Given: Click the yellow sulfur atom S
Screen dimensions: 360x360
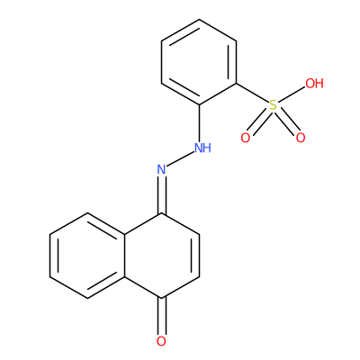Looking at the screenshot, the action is tap(273, 105).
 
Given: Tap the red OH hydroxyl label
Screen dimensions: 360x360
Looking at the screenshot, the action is tap(314, 83).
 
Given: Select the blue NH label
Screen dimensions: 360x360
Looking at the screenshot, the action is tap(202, 148).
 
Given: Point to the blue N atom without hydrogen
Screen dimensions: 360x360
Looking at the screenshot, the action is tap(161, 169).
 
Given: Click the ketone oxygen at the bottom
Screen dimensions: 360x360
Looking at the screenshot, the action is tap(161, 341).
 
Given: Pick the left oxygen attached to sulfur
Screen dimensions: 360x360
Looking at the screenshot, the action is tap(246, 138).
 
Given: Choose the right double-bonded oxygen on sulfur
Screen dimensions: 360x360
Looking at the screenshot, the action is tap(301, 138).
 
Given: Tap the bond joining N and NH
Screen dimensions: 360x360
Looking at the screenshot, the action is tap(180, 159).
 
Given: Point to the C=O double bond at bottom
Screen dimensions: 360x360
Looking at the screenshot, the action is tap(161, 316).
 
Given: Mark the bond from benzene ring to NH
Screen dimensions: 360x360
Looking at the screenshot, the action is tap(199, 123).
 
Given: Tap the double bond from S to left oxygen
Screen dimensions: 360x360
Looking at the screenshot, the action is tap(258, 122).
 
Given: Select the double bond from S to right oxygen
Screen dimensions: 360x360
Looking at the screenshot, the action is tap(287, 122).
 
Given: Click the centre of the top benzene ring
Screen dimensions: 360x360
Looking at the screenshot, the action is tap(199, 62).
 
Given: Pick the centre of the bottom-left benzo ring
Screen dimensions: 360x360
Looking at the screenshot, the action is tap(87, 256).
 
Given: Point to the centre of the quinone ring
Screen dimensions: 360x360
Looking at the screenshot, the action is tap(162, 256).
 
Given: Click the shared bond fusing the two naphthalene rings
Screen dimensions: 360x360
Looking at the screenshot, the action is tap(124, 256).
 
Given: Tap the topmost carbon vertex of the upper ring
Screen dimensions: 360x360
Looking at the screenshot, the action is tap(199, 20).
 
